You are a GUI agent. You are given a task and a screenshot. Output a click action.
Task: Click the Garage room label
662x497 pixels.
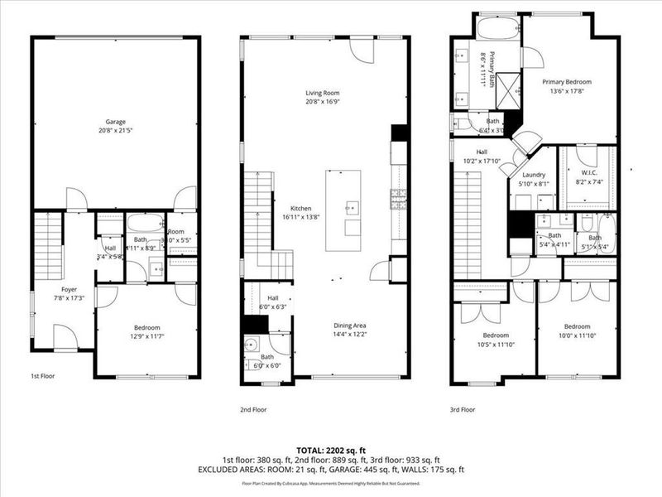point(116,121)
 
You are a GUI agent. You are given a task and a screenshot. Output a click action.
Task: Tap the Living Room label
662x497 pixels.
point(322,94)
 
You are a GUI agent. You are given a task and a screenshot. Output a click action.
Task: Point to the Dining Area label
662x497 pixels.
point(351,326)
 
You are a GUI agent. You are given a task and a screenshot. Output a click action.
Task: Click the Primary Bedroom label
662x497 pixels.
point(567,82)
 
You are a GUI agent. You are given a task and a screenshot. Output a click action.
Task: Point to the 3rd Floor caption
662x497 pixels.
point(463,409)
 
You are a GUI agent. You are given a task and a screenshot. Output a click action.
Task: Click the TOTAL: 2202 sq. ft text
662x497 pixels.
point(331,450)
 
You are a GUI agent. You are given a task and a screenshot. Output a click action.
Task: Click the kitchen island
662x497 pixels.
point(343,210)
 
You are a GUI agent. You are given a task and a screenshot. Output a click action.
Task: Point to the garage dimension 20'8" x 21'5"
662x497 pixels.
point(116,130)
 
